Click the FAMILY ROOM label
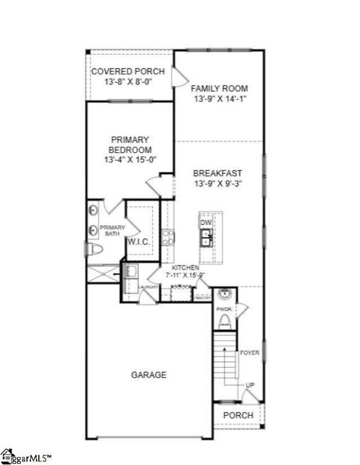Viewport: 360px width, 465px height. pyautogui.click(x=220, y=88)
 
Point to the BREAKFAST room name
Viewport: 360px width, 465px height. pyautogui.click(x=218, y=173)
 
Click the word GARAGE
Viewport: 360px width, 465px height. pyautogui.click(x=148, y=375)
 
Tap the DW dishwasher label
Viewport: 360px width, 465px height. pyautogui.click(x=205, y=223)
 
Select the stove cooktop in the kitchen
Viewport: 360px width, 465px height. pyautogui.click(x=167, y=237)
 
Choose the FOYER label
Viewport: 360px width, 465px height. pyautogui.click(x=249, y=352)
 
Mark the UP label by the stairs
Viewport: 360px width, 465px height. pyautogui.click(x=249, y=385)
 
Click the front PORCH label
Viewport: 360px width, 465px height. pyautogui.click(x=238, y=415)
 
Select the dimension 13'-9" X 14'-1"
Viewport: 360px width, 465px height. pyautogui.click(x=220, y=99)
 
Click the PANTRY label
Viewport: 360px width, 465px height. pyautogui.click(x=202, y=298)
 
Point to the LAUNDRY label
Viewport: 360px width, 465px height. pyautogui.click(x=148, y=287)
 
